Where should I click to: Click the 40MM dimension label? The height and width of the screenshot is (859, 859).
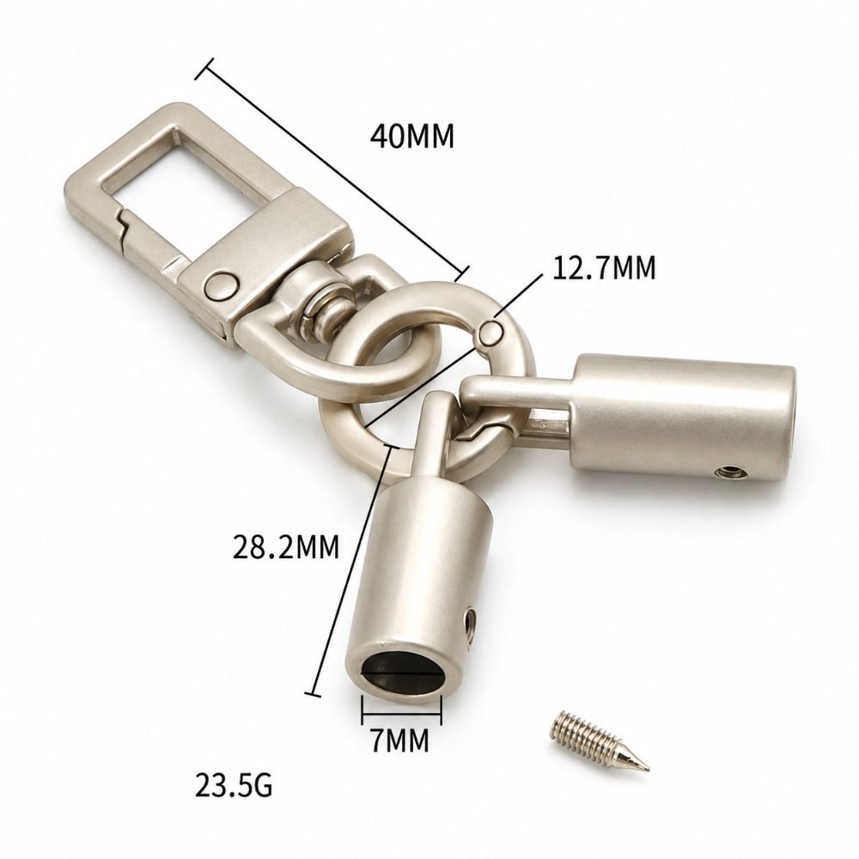pos(412,137)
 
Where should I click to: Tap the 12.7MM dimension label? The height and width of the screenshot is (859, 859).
pos(604,268)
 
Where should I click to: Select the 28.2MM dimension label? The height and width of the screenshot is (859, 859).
pos(286,546)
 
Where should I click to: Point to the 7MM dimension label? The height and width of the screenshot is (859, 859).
pos(400,740)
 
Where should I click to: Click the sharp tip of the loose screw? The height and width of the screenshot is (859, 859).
pos(648,769)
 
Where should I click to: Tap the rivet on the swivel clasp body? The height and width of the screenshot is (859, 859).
pos(222,285)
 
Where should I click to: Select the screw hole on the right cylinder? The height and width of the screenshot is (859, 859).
pos(729,471)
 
